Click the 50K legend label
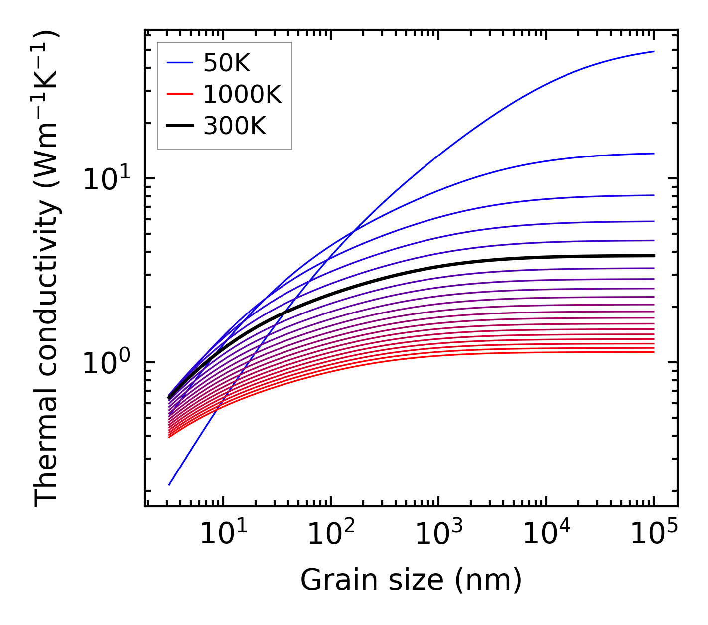pos(227,63)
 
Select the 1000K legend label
pos(242,94)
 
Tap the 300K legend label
pos(235,126)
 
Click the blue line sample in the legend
pos(179,63)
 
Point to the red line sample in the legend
pos(179,94)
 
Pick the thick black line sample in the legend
pos(179,126)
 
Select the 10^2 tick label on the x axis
pos(331,534)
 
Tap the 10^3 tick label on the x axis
pos(438,534)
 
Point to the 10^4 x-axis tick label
pos(546,534)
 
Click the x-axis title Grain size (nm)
pos(411,580)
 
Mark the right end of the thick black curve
pos(653,255)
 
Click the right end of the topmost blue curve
pos(653,51)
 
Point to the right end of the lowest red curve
pos(653,352)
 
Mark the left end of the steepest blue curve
pos(169,484)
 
